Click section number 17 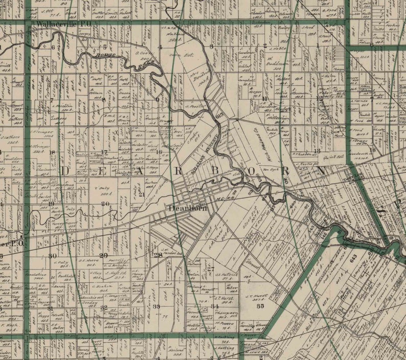point(104,152)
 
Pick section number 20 point(105,204)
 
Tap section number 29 point(103,255)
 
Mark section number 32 point(104,307)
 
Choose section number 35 point(260,306)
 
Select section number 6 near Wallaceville point(53,47)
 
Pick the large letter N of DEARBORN point(321,170)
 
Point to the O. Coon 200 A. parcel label point(141,53)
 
